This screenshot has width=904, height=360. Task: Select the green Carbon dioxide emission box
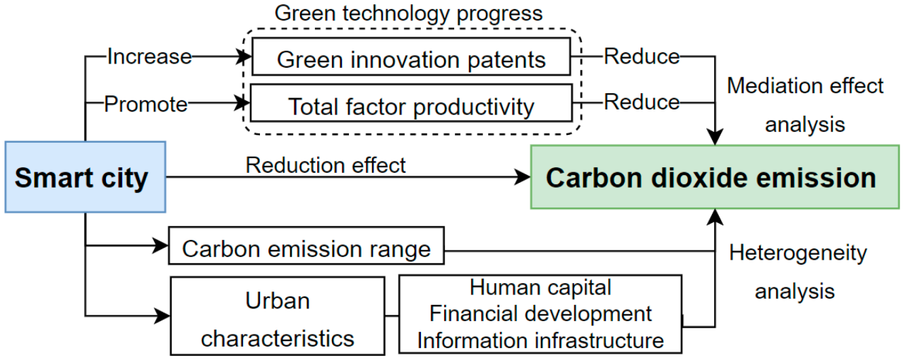(711, 177)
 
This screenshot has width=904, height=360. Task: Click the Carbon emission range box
(306, 248)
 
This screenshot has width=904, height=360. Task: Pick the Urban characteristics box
(278, 315)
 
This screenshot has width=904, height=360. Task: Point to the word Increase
(149, 56)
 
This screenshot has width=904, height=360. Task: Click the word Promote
(146, 104)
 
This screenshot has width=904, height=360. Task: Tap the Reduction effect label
(326, 165)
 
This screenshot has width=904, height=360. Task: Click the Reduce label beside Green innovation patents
(641, 56)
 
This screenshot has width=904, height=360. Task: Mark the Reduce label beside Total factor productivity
(641, 102)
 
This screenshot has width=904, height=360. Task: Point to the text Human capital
(540, 287)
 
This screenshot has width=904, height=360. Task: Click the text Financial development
(540, 313)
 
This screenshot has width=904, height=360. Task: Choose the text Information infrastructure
(540, 340)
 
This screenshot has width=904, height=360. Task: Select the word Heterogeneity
(798, 253)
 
